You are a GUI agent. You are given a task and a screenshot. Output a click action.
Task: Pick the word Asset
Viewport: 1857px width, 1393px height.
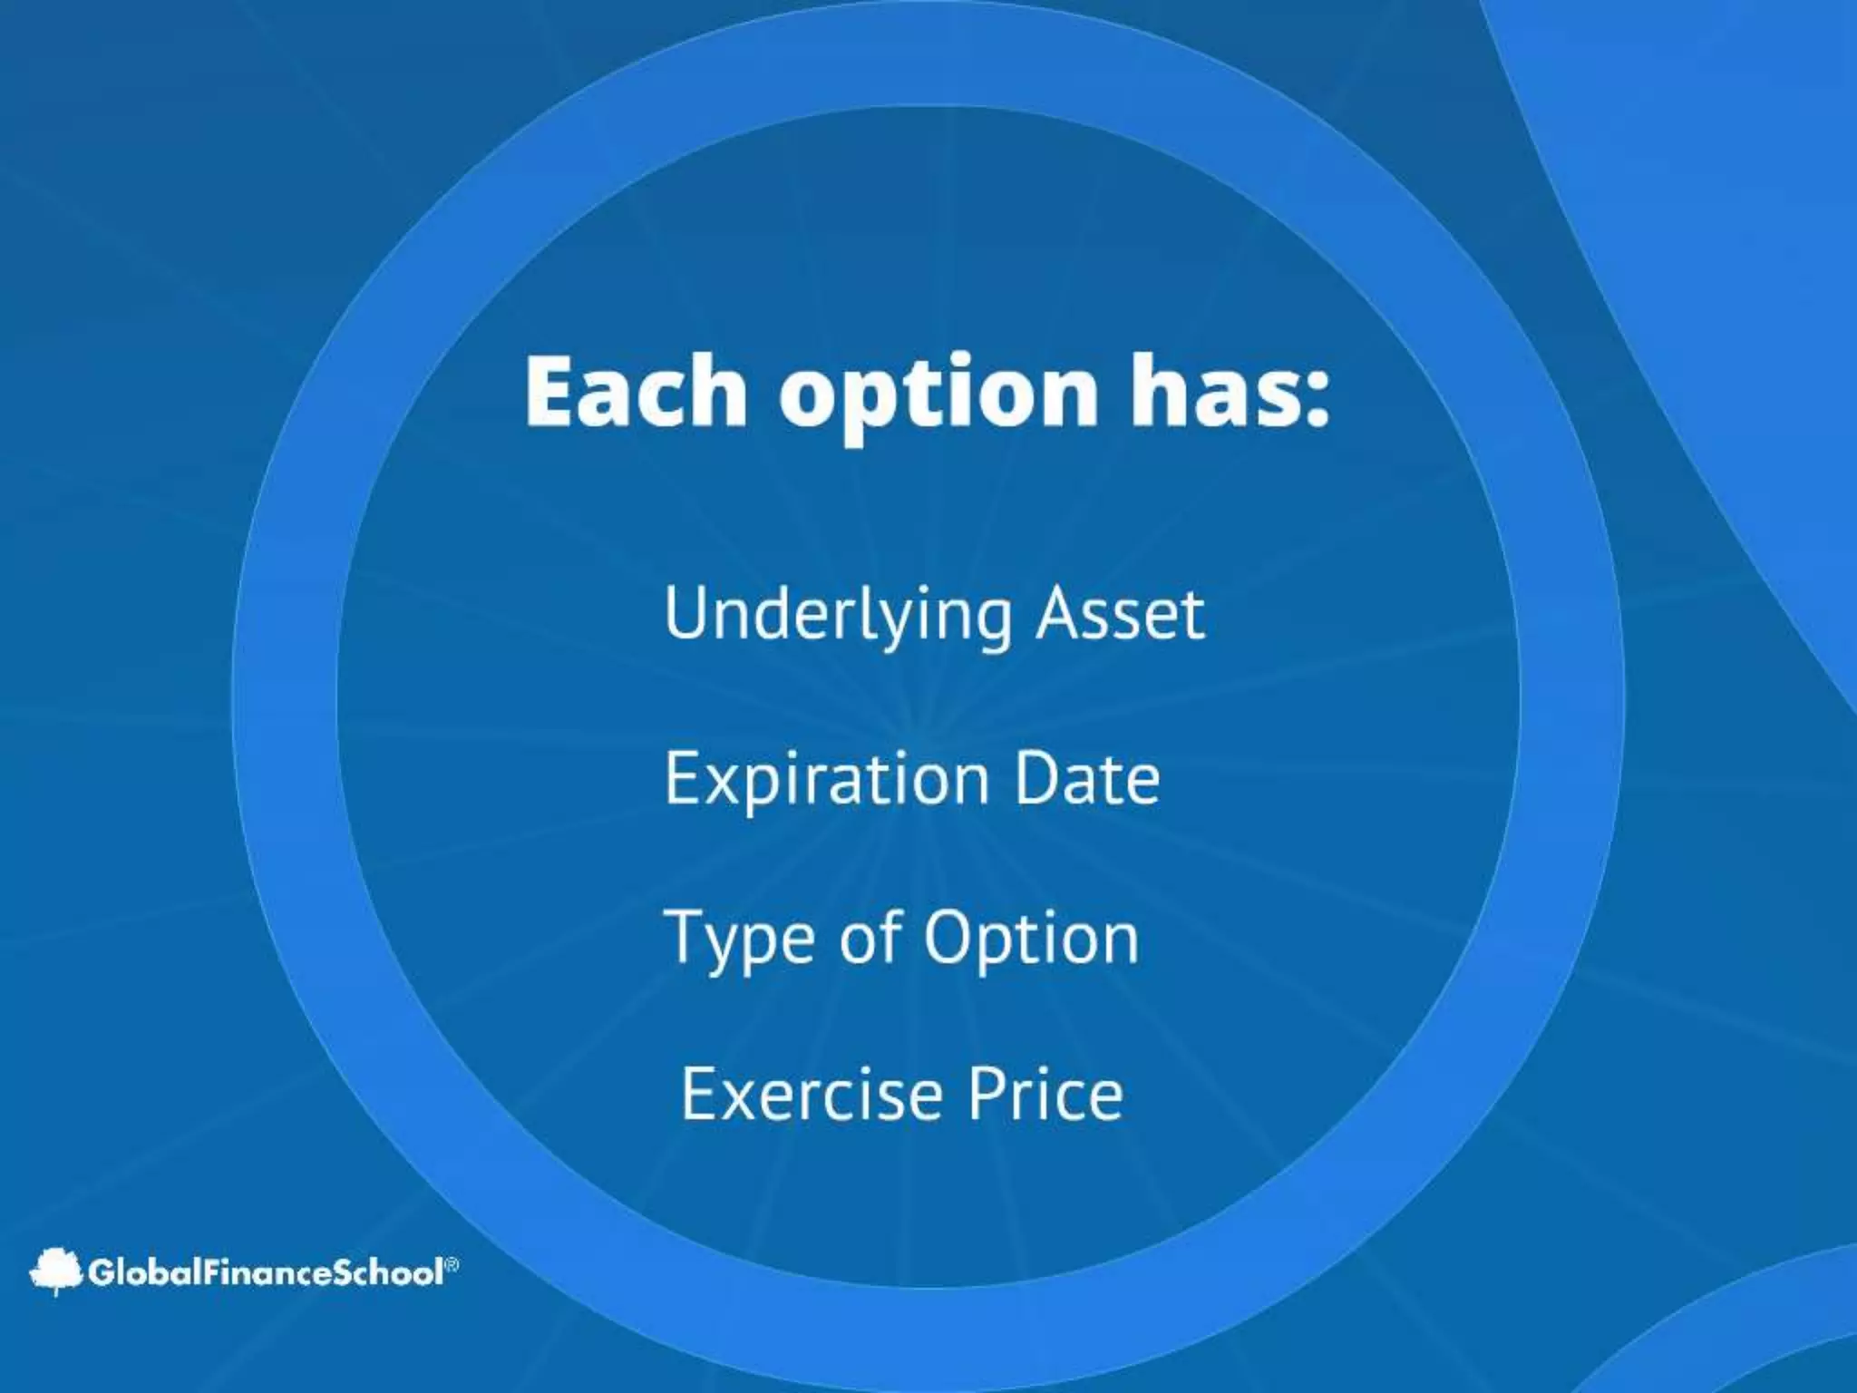(x=1120, y=614)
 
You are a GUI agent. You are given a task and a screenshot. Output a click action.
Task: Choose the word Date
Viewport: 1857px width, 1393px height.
(x=1086, y=777)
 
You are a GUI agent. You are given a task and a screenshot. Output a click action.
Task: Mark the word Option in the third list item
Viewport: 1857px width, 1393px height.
(x=1031, y=939)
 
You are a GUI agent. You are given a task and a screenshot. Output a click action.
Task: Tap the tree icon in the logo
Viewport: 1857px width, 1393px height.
(x=56, y=1271)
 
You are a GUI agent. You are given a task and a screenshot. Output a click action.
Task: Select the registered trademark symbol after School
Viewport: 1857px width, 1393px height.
(x=452, y=1263)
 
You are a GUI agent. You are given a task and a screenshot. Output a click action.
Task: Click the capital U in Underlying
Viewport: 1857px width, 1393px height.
(x=686, y=613)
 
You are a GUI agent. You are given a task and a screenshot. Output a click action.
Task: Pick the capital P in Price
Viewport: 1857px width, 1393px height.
(x=985, y=1094)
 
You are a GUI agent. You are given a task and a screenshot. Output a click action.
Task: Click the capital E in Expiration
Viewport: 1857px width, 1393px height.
(x=681, y=777)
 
